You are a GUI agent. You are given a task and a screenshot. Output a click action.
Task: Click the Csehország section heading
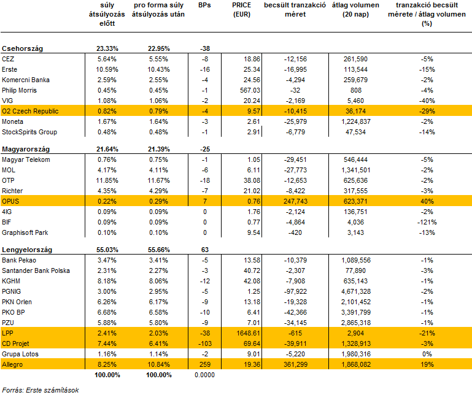(22, 48)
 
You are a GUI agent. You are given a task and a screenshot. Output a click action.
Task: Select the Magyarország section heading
(26, 149)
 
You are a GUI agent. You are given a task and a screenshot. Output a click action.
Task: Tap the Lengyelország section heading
(27, 250)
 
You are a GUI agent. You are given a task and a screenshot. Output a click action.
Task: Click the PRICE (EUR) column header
(241, 10)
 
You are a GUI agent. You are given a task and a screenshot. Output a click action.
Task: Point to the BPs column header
(204, 5)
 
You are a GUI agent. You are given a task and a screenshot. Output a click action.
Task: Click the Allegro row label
(12, 364)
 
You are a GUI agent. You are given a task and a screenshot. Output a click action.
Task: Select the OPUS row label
(10, 201)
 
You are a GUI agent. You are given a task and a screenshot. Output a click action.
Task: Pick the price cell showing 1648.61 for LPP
(249, 333)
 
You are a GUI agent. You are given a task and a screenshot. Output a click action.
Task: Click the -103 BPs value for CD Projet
(204, 343)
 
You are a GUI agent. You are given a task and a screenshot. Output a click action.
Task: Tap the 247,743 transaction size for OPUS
(295, 201)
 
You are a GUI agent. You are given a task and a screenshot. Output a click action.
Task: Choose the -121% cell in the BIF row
(427, 222)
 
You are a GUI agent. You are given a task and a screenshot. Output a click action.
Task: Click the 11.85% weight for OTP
(107, 180)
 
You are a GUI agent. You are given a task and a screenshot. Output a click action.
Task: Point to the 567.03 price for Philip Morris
(250, 90)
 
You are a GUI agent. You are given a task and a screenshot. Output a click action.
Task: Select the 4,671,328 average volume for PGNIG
(356, 291)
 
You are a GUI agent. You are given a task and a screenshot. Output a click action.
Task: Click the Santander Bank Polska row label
(36, 270)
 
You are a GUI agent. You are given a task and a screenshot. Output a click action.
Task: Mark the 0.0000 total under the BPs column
(204, 375)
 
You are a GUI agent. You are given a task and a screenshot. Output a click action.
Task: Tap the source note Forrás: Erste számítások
(41, 390)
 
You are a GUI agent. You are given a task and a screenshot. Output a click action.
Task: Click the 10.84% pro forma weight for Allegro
(158, 364)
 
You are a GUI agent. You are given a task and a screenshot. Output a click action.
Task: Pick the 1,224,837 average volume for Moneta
(356, 121)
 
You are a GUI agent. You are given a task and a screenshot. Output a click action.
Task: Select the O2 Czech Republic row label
(30, 111)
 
